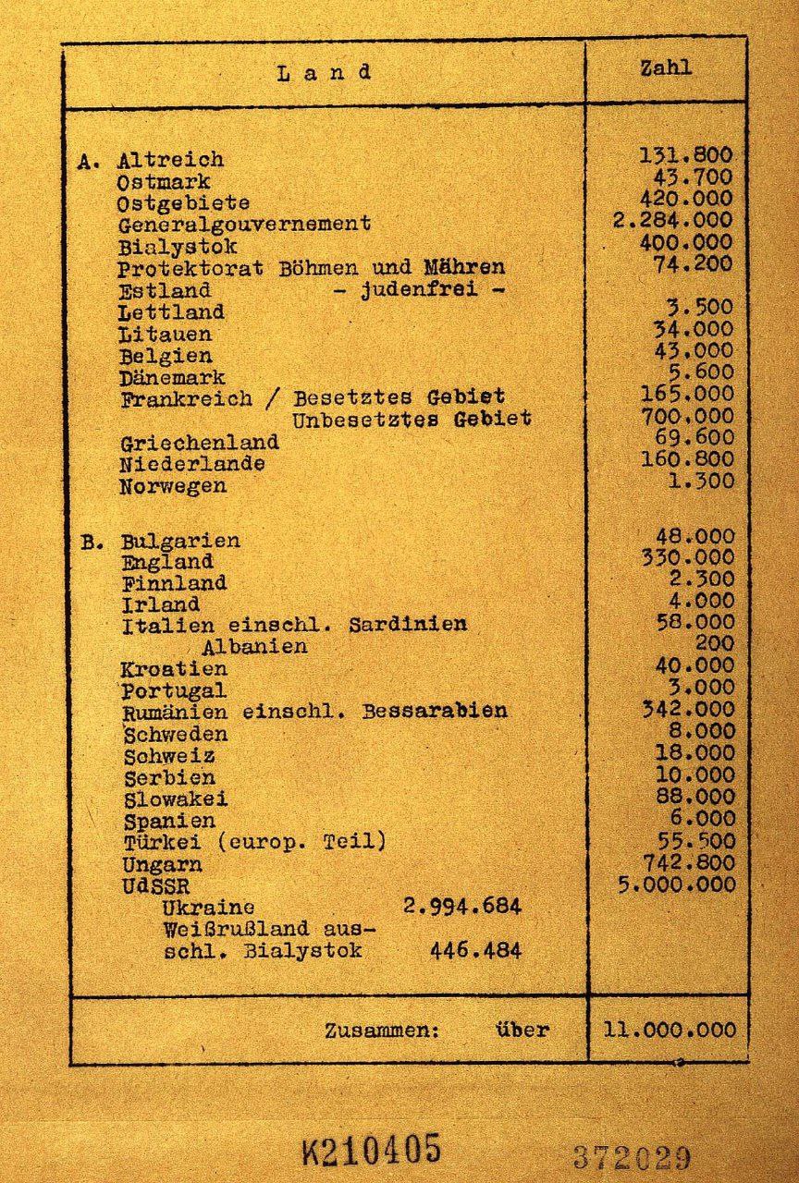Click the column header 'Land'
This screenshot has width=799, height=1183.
point(324,73)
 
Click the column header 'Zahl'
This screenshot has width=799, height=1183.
point(666,68)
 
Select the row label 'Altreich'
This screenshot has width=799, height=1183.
point(170,160)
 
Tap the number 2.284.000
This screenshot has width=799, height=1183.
point(672,221)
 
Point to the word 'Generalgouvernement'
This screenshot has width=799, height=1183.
point(244,224)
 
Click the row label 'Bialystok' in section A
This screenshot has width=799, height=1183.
point(178,247)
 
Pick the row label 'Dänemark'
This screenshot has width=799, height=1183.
point(172,378)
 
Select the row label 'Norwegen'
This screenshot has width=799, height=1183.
point(173,486)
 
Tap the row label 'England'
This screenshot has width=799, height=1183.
point(167,562)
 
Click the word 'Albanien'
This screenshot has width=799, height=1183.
point(254,646)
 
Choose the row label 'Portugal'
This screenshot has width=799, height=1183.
point(174,690)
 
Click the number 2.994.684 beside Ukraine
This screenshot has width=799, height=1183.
point(462,906)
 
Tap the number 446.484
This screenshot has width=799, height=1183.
point(475,950)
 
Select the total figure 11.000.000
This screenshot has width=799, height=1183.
point(670,1030)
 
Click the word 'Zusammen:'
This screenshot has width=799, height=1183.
point(382,1031)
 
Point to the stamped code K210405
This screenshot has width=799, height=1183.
point(371,1151)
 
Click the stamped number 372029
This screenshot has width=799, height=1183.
point(632,1157)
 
